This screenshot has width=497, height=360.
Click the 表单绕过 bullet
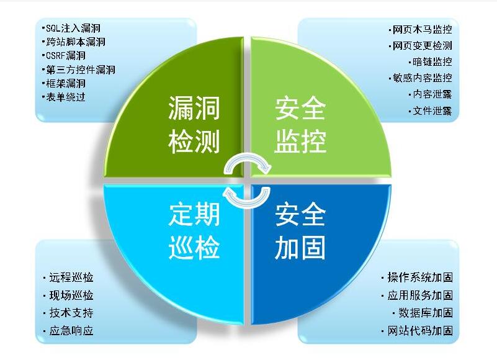[x=65, y=97]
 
